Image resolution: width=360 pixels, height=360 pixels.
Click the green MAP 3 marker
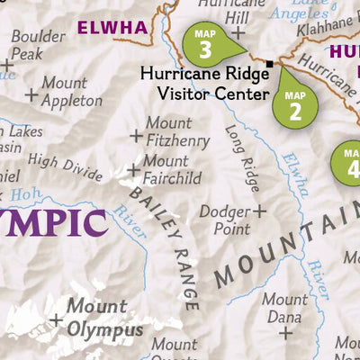tap(204, 44)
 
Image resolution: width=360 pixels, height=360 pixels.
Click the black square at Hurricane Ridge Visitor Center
tap(269, 63)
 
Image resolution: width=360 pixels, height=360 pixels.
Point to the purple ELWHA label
tap(112, 27)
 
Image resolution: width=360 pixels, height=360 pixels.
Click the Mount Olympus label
tap(104, 319)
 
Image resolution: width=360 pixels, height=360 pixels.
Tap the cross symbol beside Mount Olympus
tap(56, 319)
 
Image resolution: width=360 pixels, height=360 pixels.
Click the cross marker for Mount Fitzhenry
tap(136, 136)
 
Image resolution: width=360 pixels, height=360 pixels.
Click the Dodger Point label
tap(223, 220)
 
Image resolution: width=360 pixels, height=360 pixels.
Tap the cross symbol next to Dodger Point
tap(259, 211)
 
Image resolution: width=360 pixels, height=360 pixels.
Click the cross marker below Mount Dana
tap(285, 332)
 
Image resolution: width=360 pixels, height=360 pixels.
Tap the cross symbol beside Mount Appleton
tap(31, 94)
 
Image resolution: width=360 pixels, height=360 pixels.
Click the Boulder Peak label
tap(39, 45)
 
